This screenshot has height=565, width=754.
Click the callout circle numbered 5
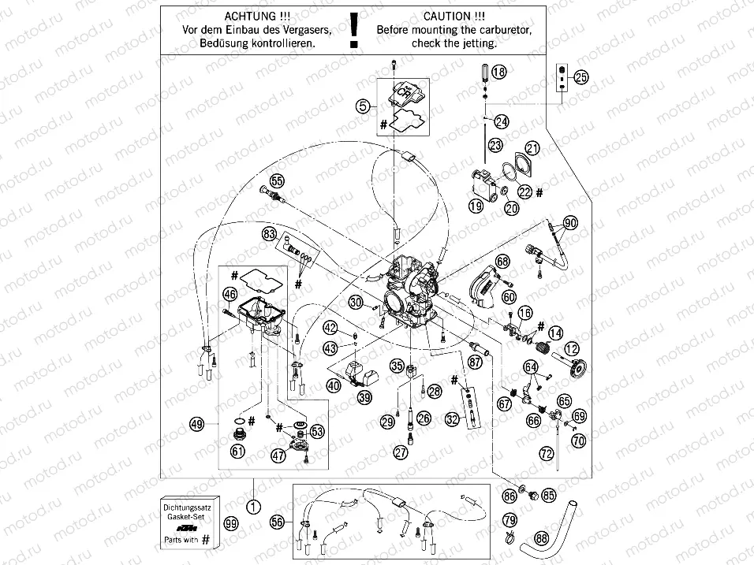(362, 105)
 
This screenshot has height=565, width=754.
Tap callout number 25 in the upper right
(580, 77)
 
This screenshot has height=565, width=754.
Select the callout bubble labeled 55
(276, 180)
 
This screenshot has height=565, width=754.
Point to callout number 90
(569, 223)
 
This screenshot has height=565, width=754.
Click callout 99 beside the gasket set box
(230, 524)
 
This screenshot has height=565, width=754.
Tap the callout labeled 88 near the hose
(541, 538)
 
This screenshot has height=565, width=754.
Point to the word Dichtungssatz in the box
(187, 502)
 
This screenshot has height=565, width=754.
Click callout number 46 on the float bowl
(229, 295)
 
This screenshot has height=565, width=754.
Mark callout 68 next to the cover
(503, 260)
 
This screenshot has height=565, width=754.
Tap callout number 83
(270, 234)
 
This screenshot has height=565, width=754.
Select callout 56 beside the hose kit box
(276, 521)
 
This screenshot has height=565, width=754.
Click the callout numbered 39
(364, 398)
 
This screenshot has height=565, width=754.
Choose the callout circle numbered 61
(237, 451)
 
